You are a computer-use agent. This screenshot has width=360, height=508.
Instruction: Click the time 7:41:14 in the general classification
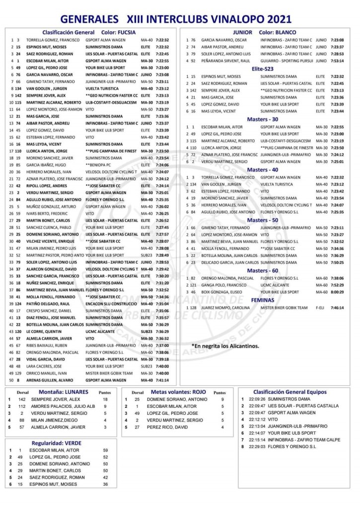[162, 380]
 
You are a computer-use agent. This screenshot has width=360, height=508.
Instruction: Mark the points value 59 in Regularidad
[105, 450]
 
